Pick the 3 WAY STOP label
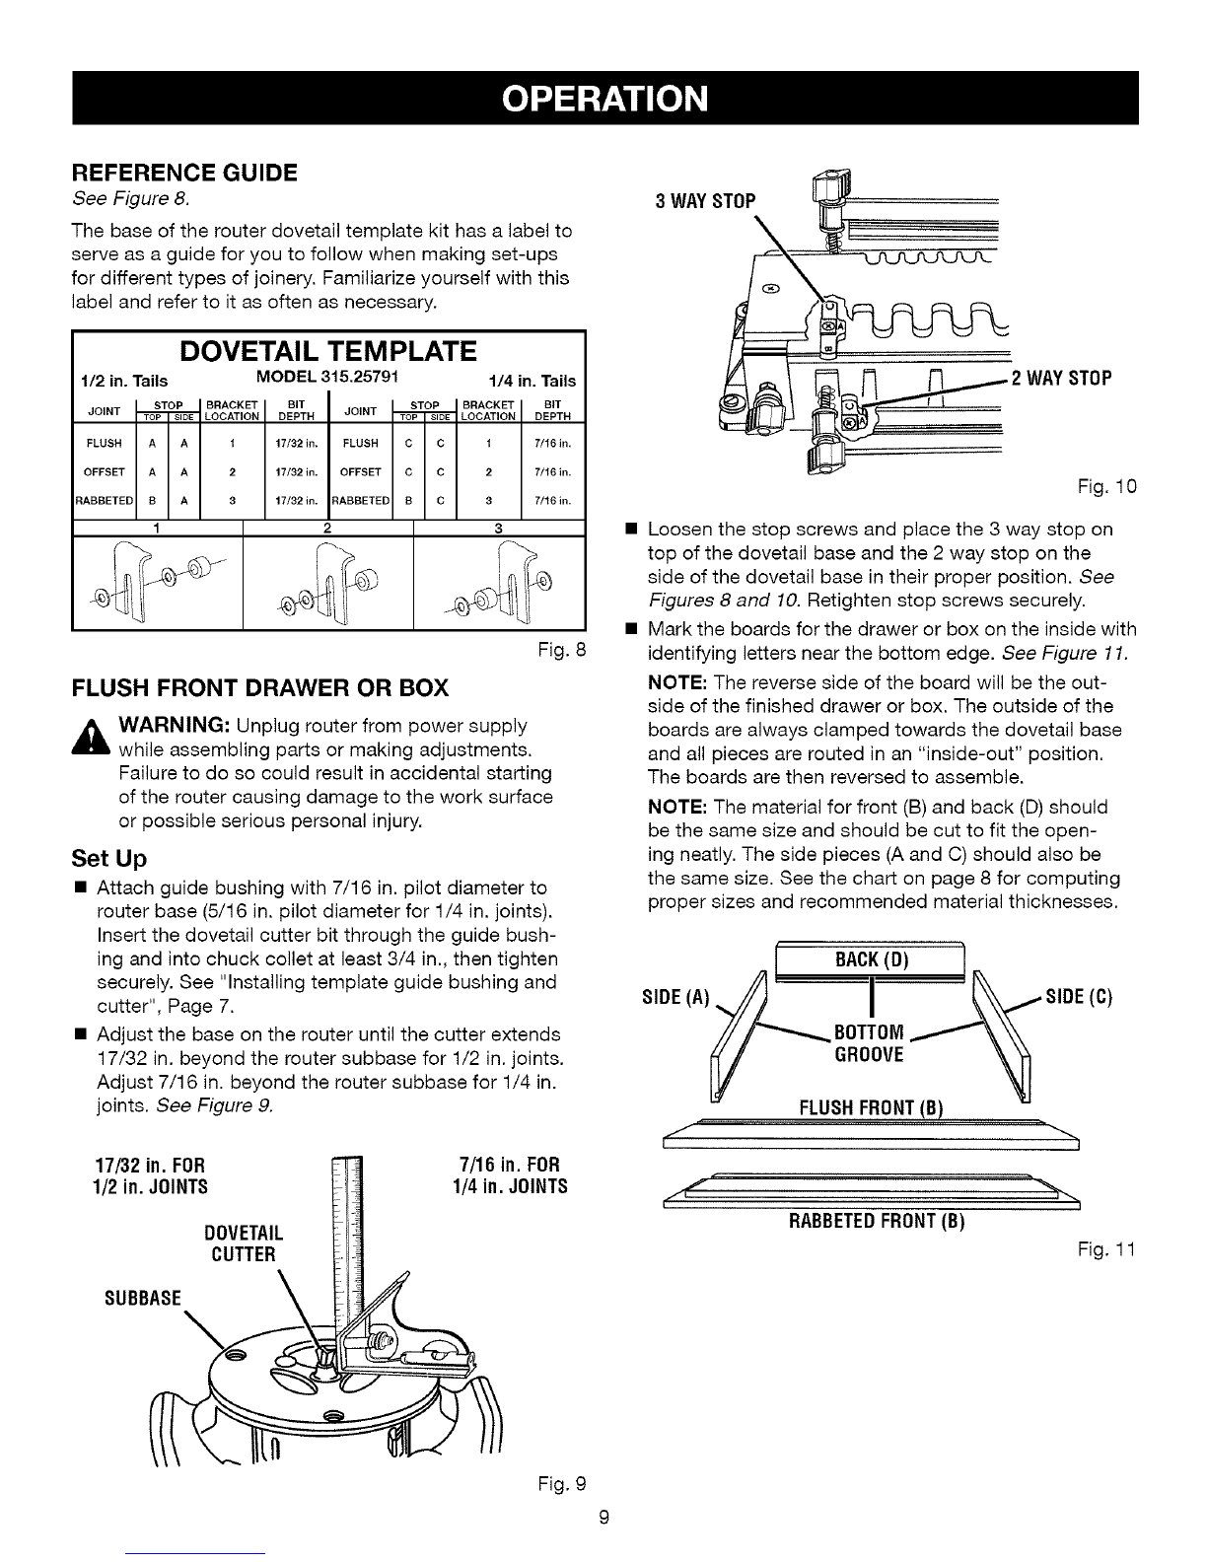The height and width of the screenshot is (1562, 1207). pos(705,202)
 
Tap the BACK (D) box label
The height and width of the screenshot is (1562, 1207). pos(871,960)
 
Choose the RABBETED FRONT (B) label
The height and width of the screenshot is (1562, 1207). pos(875,1223)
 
